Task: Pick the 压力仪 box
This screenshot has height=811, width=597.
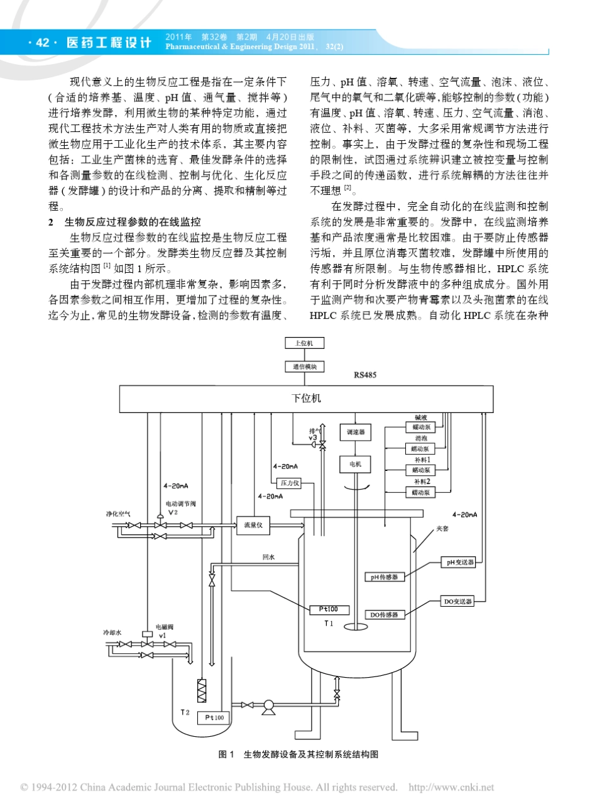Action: pyautogui.click(x=290, y=483)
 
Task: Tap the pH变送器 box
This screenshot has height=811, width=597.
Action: pyautogui.click(x=457, y=563)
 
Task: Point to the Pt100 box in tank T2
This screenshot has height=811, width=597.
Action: pyautogui.click(x=214, y=717)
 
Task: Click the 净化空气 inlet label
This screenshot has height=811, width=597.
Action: pyautogui.click(x=118, y=514)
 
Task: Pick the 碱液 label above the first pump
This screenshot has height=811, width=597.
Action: pyautogui.click(x=420, y=417)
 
